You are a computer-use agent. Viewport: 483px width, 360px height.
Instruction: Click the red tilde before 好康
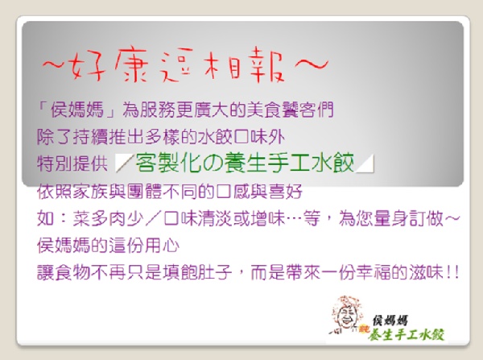click(x=54, y=64)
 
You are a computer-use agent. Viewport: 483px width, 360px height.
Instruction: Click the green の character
click(x=213, y=163)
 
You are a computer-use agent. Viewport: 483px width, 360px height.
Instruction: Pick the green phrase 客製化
click(x=168, y=163)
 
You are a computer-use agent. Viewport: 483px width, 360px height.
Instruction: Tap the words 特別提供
click(x=72, y=163)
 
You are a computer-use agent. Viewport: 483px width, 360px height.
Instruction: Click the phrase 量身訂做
click(x=408, y=218)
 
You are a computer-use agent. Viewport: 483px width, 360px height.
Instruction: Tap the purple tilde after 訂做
click(x=452, y=218)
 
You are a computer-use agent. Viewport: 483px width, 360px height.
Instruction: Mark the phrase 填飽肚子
click(x=196, y=273)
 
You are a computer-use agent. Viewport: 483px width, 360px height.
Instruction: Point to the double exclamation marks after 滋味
click(x=452, y=273)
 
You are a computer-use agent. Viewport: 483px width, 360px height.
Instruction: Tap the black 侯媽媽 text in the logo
click(x=390, y=321)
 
